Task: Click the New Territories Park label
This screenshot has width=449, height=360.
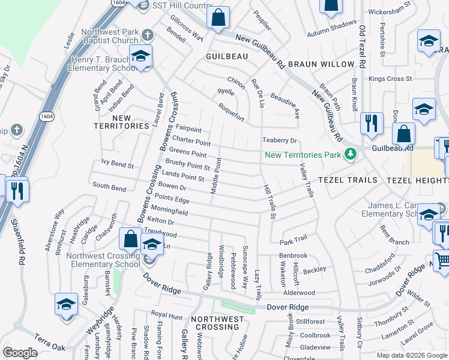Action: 303,155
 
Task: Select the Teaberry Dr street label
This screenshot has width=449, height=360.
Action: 280,140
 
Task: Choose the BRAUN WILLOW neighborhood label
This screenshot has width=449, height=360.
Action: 321,64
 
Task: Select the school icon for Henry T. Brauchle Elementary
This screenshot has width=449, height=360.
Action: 140,57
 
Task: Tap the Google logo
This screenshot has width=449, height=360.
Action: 20,352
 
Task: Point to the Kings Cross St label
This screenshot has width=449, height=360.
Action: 390,79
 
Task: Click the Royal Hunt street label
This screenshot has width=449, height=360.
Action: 166,314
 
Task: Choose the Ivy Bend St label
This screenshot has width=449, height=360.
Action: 117,163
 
